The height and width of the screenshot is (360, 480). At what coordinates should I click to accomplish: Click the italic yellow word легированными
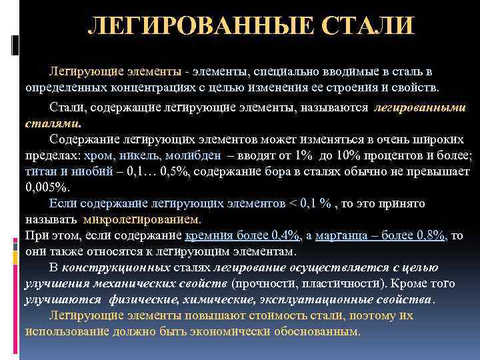point(420,107)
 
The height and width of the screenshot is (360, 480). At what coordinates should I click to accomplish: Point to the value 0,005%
point(46,187)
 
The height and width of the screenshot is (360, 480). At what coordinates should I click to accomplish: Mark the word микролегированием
point(142,219)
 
